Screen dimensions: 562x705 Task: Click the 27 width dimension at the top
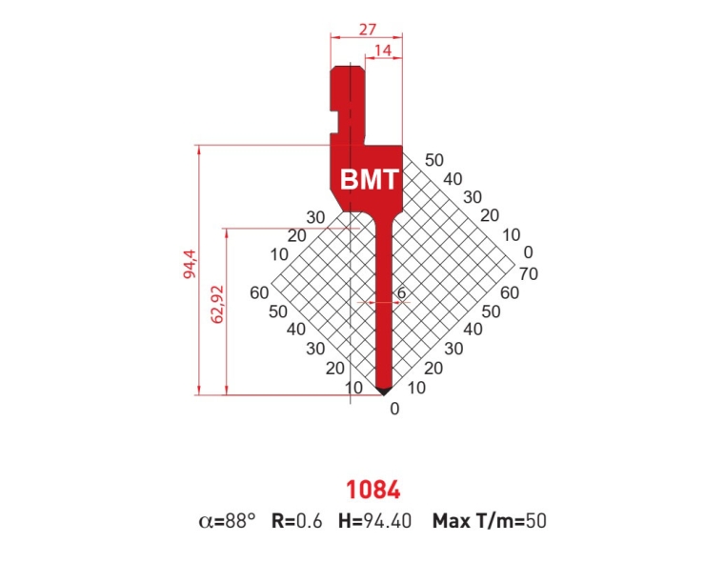(x=366, y=29)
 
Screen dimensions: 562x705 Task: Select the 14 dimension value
(x=383, y=50)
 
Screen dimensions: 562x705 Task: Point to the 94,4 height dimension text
(x=191, y=263)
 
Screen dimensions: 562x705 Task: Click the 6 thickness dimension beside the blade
(x=401, y=293)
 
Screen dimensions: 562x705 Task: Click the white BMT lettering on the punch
(x=368, y=178)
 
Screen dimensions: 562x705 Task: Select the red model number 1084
(x=373, y=490)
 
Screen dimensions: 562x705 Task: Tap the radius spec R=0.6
(x=298, y=521)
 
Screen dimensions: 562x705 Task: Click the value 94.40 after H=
(x=391, y=521)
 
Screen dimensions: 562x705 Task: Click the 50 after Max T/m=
(x=535, y=521)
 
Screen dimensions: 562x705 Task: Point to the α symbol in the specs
(x=204, y=522)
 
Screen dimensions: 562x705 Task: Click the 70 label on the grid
(x=531, y=273)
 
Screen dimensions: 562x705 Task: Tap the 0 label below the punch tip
(x=394, y=410)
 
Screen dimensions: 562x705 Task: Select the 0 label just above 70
(x=530, y=253)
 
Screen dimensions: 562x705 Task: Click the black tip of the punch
(x=382, y=390)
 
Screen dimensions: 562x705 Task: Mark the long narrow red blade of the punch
(x=382, y=305)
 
